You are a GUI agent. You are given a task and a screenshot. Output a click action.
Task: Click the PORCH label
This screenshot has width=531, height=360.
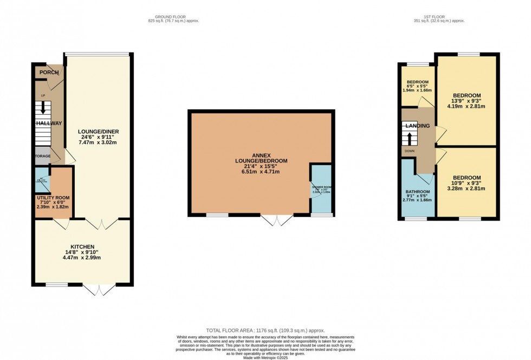(49, 73)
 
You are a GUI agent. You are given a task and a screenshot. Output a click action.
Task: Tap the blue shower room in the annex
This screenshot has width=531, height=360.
(321, 189)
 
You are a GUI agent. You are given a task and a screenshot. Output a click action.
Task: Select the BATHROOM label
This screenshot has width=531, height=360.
(418, 192)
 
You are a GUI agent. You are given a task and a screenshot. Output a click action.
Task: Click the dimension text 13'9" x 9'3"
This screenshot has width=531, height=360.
(467, 100)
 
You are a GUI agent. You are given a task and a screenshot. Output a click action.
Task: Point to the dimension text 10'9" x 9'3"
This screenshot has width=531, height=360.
(467, 183)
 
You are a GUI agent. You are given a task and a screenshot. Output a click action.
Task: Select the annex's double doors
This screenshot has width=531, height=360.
(277, 220)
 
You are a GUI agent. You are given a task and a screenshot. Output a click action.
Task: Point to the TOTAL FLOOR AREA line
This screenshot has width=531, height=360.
(265, 330)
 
